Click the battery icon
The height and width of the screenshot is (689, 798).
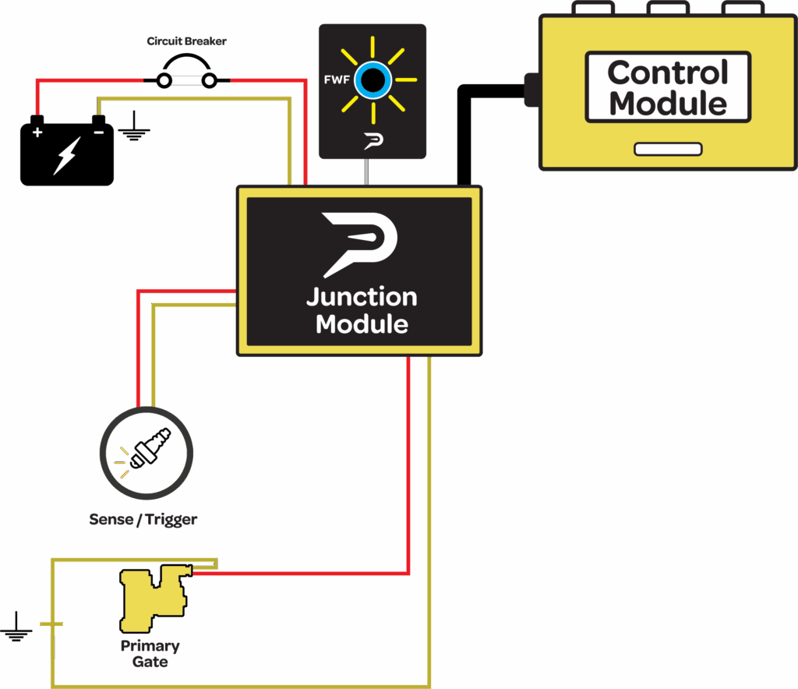tap(67, 152)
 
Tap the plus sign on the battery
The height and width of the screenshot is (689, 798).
tap(37, 132)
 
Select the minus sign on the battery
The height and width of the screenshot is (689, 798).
tap(98, 132)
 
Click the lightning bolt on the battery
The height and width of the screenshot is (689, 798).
tap(65, 156)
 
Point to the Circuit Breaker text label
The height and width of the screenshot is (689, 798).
tap(186, 41)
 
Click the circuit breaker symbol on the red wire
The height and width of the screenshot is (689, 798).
tap(186, 79)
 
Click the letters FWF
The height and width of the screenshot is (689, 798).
tap(336, 79)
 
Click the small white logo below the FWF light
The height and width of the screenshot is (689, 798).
tap(372, 141)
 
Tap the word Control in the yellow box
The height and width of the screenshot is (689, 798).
tap(668, 73)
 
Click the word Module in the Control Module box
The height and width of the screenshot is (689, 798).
tap(668, 103)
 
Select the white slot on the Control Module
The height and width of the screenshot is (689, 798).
tap(668, 149)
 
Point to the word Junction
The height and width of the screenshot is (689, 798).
tap(362, 297)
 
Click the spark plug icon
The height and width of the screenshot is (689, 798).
tap(147, 451)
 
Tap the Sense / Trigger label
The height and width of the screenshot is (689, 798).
tap(143, 519)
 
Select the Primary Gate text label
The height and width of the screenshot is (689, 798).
tap(150, 653)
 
